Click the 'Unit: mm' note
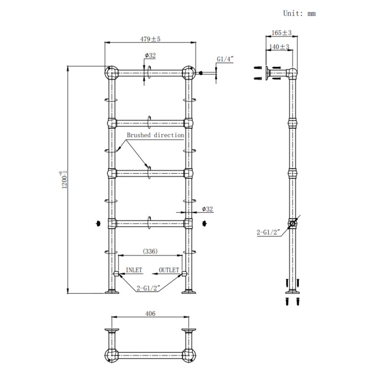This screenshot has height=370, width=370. (x=299, y=14)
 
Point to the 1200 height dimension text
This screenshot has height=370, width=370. (x=61, y=182)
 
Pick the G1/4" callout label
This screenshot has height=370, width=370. (x=225, y=59)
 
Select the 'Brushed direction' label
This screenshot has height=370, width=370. (x=155, y=135)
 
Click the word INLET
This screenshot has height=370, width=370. (x=134, y=270)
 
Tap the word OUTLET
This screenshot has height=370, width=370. (x=168, y=270)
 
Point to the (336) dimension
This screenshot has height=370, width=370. (x=150, y=251)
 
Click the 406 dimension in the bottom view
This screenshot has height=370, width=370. (x=150, y=313)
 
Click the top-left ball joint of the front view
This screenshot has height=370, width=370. (x=111, y=74)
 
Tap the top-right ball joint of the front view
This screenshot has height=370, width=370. (x=188, y=74)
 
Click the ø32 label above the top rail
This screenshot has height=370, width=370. (x=150, y=56)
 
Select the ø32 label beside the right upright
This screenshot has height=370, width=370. (x=208, y=209)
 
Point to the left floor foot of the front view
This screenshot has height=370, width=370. (x=112, y=291)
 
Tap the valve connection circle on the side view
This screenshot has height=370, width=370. (x=294, y=223)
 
